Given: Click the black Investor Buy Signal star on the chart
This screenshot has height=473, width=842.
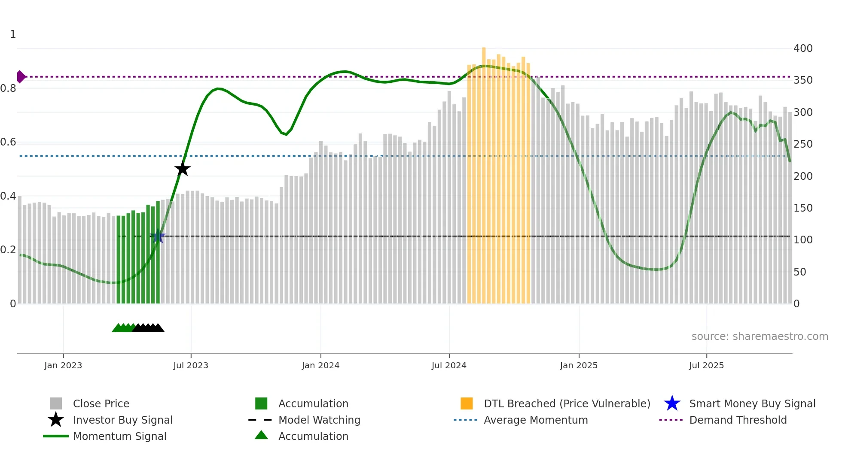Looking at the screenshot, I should (x=183, y=169).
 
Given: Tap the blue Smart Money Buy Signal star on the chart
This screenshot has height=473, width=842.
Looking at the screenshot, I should (x=158, y=236).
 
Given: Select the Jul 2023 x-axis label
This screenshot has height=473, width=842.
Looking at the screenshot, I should (x=191, y=365).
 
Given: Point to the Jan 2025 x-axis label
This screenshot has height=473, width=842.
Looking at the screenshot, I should (x=579, y=365).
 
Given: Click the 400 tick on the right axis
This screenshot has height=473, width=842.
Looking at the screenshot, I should (x=802, y=49).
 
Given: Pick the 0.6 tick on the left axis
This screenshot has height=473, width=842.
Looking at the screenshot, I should (x=8, y=142).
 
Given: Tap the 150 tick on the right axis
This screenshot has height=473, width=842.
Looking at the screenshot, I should (x=802, y=208).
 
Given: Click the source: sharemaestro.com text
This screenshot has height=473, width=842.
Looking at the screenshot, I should (x=760, y=337).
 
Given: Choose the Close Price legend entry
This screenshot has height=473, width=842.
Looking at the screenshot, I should (x=101, y=404).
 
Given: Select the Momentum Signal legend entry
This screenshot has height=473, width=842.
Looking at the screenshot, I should (x=119, y=437).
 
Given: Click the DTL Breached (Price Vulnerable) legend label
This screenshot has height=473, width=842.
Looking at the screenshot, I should (x=567, y=404).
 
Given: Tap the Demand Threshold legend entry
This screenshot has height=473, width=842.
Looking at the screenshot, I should (x=738, y=420).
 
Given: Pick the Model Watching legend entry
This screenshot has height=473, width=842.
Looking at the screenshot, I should (x=319, y=420).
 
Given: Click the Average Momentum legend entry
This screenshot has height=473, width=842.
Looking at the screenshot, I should (x=536, y=420).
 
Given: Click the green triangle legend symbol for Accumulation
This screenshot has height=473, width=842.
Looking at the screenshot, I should (x=261, y=435).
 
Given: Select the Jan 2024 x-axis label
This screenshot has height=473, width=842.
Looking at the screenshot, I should (x=320, y=365).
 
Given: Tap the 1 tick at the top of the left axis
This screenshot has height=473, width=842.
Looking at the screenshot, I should (x=13, y=34).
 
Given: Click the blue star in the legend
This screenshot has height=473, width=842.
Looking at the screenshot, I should (x=672, y=403).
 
